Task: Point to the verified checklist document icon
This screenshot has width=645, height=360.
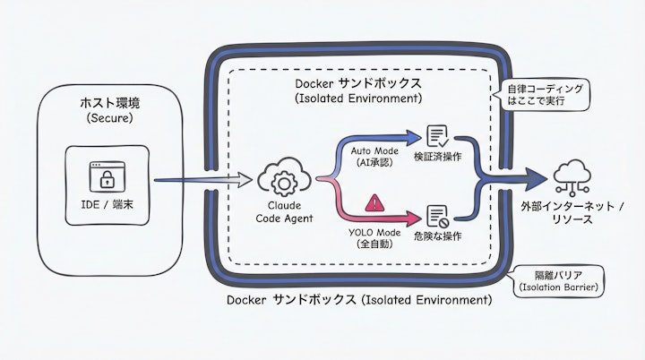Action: (437, 137)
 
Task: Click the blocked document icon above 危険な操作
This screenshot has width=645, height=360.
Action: (437, 216)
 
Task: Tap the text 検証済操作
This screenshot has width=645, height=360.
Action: (437, 159)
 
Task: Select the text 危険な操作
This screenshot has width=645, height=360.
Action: (437, 236)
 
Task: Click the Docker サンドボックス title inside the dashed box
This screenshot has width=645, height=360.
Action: (358, 90)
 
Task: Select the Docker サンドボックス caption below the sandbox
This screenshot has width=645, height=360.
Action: (357, 300)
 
